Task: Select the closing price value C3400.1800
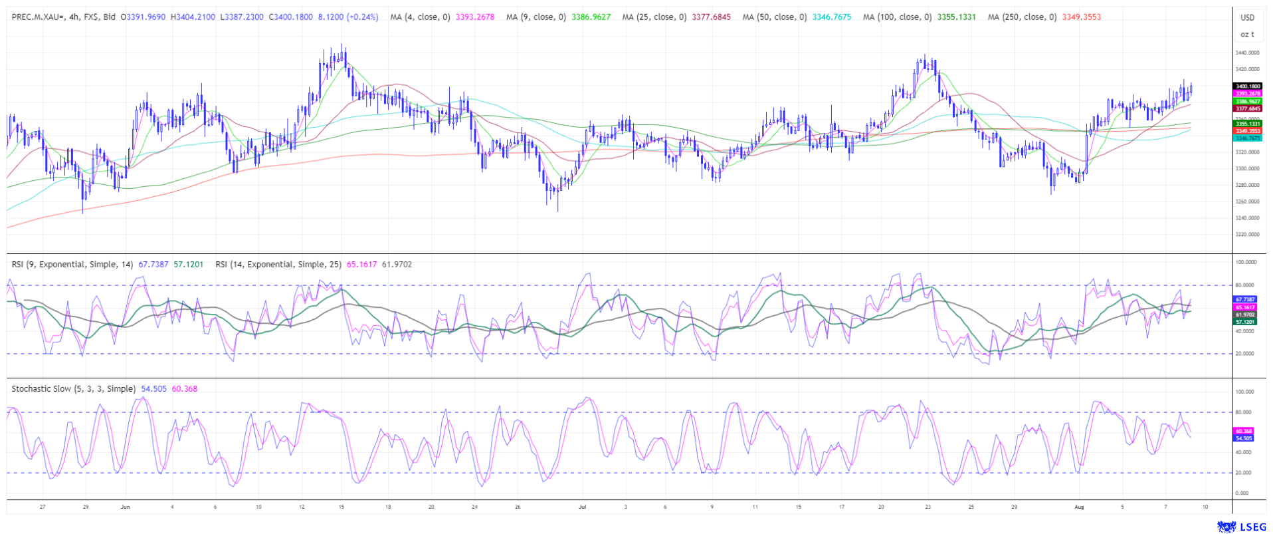pos(290,17)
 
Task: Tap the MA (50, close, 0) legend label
pos(775,17)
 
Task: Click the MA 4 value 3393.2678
pos(475,17)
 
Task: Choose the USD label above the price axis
pos(1248,17)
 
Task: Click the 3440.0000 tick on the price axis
pos(1247,53)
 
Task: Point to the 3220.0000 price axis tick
pos(1247,234)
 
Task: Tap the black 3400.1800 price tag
pos(1247,86)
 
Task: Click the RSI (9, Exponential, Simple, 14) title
pos(72,264)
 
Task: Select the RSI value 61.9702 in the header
pos(397,264)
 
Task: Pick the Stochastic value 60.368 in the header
pos(184,388)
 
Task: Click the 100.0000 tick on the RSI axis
pos(1244,262)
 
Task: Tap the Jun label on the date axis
pos(126,507)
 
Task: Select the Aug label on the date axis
pos(1079,507)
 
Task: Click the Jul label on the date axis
pos(583,507)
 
